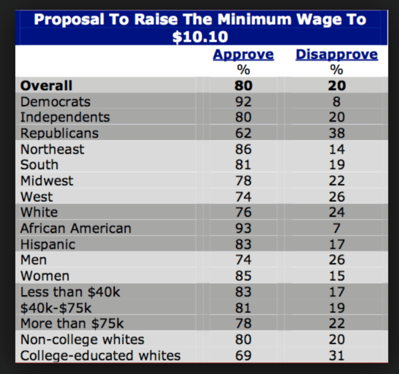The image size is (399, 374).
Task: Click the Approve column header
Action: pyautogui.click(x=243, y=54)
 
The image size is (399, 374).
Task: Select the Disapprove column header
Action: pyautogui.click(x=336, y=54)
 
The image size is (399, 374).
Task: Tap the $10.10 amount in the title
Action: pyautogui.click(x=199, y=37)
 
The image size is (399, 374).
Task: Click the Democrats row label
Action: pyautogui.click(x=55, y=101)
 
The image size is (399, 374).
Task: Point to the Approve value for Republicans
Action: pyautogui.click(x=244, y=133)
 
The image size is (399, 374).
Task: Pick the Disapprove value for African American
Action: pyautogui.click(x=337, y=228)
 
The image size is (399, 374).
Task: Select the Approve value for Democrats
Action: pyautogui.click(x=244, y=101)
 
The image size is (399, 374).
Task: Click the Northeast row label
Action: pyautogui.click(x=52, y=149)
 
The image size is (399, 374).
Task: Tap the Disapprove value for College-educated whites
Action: pyautogui.click(x=337, y=355)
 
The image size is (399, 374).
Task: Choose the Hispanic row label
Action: pyautogui.click(x=48, y=244)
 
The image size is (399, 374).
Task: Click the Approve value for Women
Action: pyautogui.click(x=244, y=276)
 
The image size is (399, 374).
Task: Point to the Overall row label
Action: pyautogui.click(x=46, y=86)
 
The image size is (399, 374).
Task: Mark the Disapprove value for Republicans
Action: pyautogui.click(x=337, y=133)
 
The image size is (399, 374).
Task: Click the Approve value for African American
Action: pyautogui.click(x=244, y=228)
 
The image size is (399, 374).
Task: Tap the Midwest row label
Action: pyautogui.click(x=47, y=181)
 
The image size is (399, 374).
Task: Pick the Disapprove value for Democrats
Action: pyautogui.click(x=337, y=101)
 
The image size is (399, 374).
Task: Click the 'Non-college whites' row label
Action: pyautogui.click(x=82, y=339)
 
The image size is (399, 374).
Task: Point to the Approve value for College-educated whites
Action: pyautogui.click(x=244, y=355)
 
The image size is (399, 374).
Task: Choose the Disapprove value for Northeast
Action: pyautogui.click(x=337, y=149)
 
